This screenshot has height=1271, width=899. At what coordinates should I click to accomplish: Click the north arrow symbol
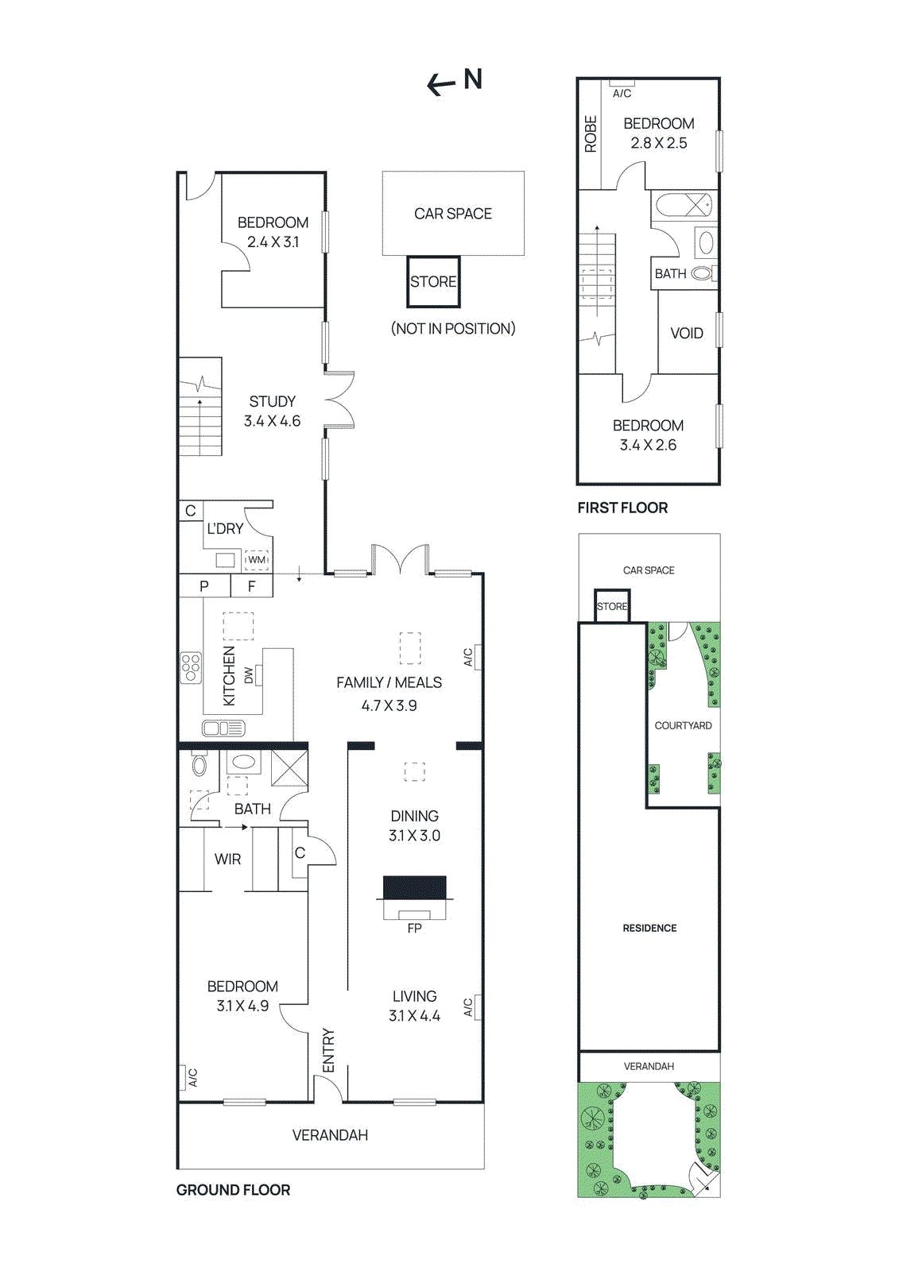pyautogui.click(x=441, y=83)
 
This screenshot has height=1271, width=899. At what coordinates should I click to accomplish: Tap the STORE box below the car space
pyautogui.click(x=433, y=282)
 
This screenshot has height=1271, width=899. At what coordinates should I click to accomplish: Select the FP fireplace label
pyautogui.click(x=414, y=928)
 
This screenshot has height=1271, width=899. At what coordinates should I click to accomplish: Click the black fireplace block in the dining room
pyautogui.click(x=414, y=887)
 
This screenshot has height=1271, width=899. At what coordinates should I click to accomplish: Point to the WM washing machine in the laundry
pyautogui.click(x=257, y=560)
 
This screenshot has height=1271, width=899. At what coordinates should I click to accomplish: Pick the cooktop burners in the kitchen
pyautogui.click(x=191, y=667)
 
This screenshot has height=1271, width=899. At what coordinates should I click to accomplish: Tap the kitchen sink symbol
pyautogui.click(x=223, y=728)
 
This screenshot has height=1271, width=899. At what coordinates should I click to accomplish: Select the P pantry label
pyautogui.click(x=204, y=586)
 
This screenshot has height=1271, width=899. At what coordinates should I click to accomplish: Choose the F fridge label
pyautogui.click(x=252, y=586)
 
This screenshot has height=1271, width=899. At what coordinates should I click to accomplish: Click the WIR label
pyautogui.click(x=227, y=859)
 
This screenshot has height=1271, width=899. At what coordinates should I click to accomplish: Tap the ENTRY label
pyautogui.click(x=328, y=1050)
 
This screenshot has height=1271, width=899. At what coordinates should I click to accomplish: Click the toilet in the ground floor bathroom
pyautogui.click(x=200, y=764)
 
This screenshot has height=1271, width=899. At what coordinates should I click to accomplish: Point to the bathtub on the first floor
pyautogui.click(x=684, y=205)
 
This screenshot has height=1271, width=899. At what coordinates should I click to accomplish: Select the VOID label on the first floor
pyautogui.click(x=687, y=333)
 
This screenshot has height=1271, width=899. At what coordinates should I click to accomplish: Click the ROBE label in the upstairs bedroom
pyautogui.click(x=591, y=133)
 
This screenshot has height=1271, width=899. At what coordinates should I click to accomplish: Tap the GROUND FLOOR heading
pyautogui.click(x=233, y=1190)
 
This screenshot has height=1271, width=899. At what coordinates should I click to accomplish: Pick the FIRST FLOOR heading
pyautogui.click(x=622, y=508)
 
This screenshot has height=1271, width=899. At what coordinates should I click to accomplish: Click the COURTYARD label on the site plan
pyautogui.click(x=683, y=725)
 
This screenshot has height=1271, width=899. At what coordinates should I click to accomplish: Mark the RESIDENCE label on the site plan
pyautogui.click(x=649, y=928)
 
